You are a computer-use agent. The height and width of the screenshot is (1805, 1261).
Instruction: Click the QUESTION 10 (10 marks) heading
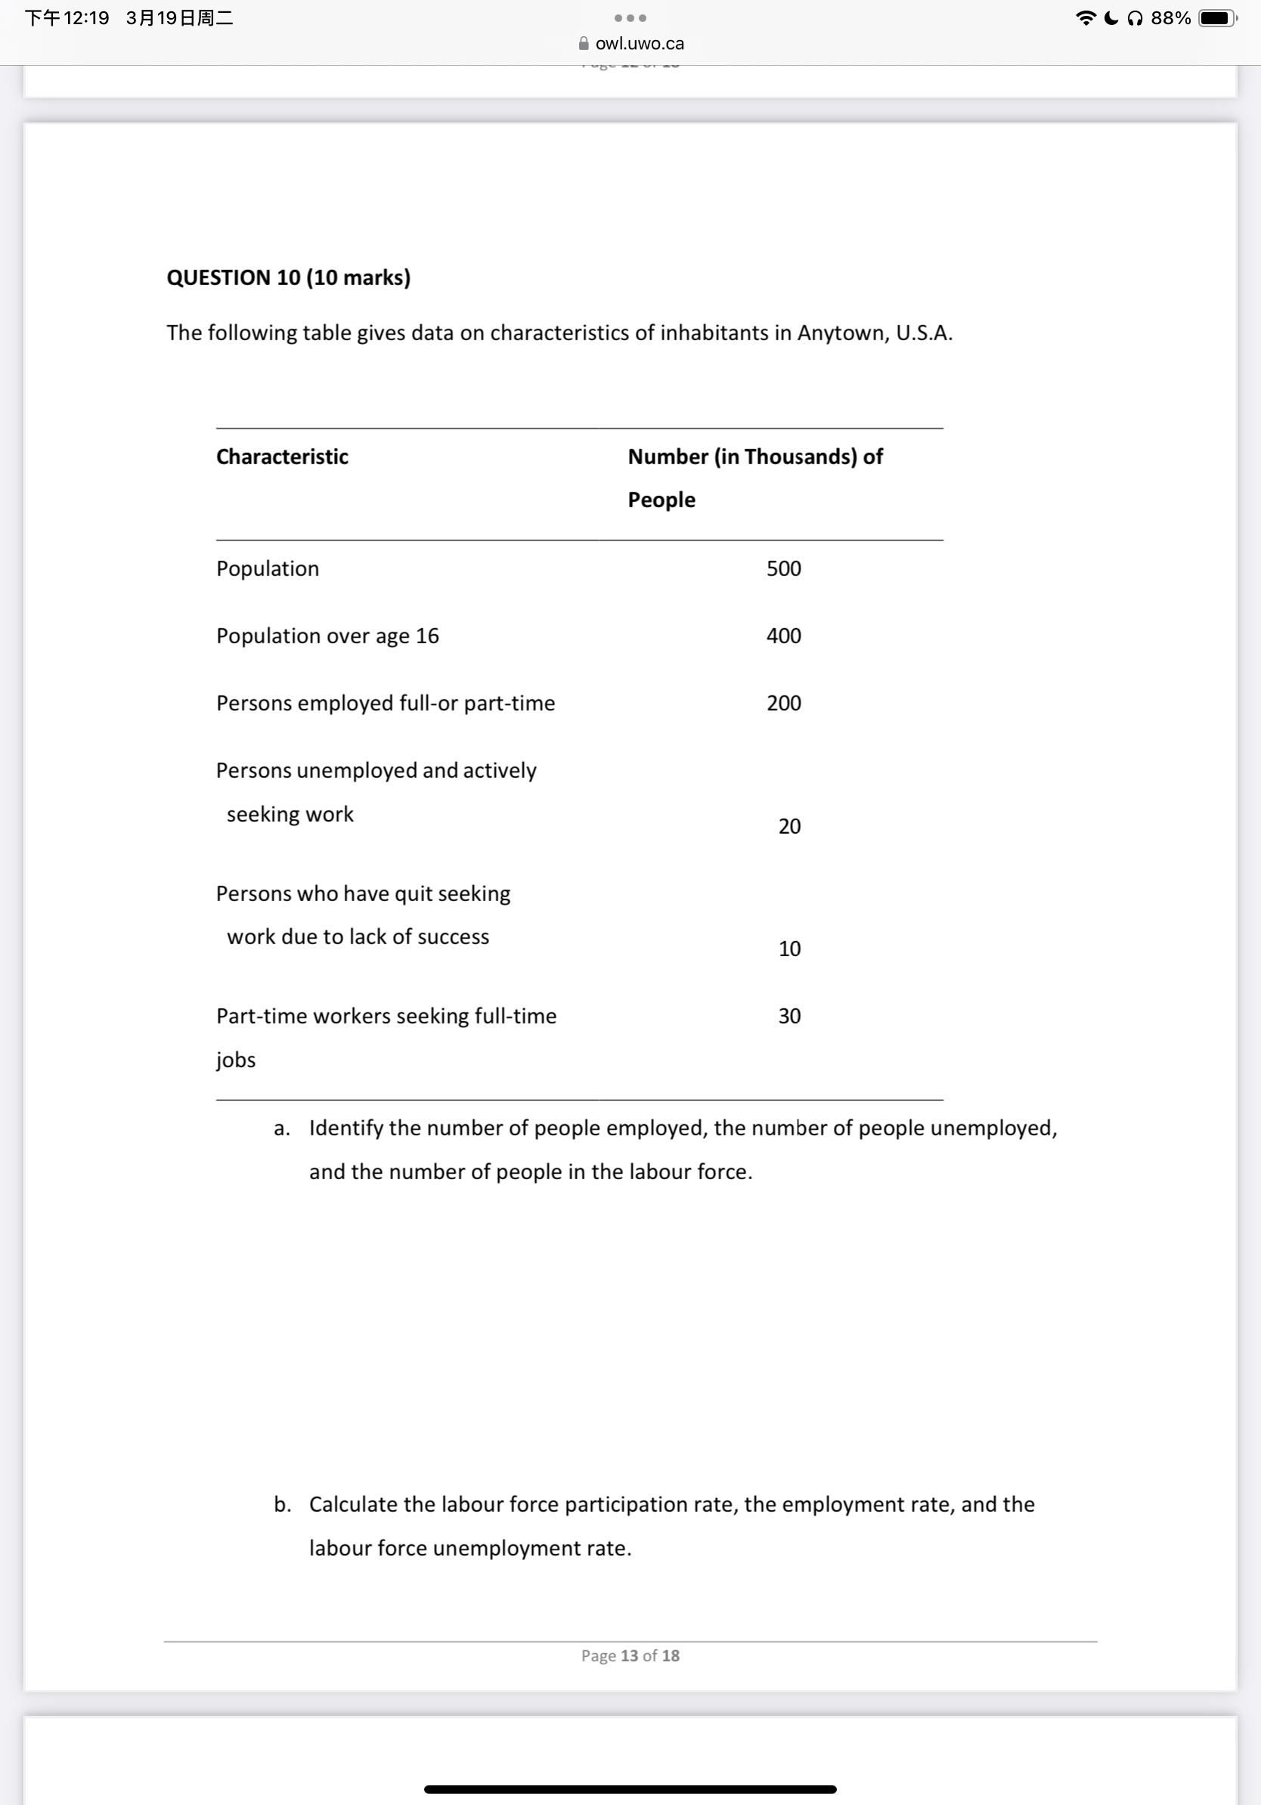click(288, 277)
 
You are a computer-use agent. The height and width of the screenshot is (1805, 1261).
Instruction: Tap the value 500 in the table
click(783, 568)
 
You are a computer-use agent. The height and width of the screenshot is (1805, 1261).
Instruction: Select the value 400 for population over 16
click(783, 635)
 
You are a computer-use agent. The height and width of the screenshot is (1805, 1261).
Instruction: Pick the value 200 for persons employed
click(783, 703)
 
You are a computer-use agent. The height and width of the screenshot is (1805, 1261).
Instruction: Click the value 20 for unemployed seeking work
click(789, 826)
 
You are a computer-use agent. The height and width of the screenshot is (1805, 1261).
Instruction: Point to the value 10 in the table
click(789, 949)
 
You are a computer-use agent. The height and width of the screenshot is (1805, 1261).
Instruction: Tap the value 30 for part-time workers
click(789, 1016)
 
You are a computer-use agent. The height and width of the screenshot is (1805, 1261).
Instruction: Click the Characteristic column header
click(281, 457)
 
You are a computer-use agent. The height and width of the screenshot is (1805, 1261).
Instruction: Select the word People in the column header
click(661, 500)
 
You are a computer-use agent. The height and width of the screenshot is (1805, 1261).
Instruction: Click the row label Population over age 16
click(327, 635)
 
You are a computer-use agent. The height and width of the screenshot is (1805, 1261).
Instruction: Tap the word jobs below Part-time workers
click(235, 1059)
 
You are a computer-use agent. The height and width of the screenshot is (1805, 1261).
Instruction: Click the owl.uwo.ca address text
click(639, 43)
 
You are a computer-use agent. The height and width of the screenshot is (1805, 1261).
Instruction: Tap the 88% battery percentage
click(1170, 18)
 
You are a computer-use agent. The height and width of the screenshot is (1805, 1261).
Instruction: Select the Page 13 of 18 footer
click(630, 1655)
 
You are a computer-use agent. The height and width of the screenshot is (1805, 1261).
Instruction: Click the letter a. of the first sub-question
click(281, 1128)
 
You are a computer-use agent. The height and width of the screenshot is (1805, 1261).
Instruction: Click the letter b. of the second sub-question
click(281, 1504)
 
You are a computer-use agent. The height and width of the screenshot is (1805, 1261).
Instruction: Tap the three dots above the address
click(630, 18)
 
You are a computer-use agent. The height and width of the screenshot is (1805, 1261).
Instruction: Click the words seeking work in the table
click(290, 813)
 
